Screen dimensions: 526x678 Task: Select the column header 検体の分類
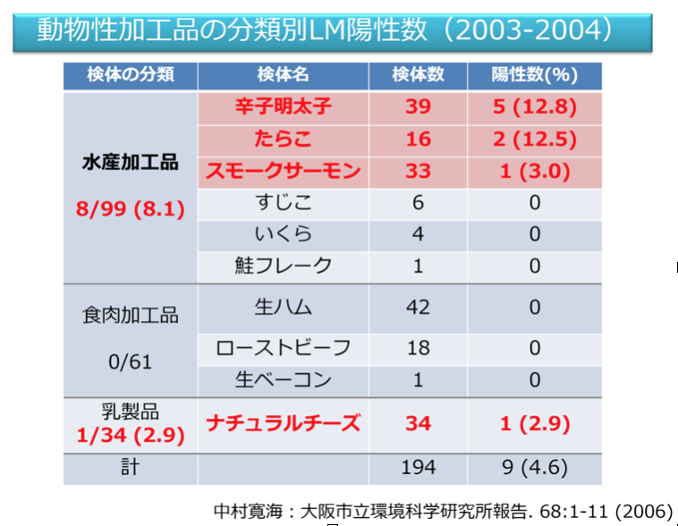click(131, 75)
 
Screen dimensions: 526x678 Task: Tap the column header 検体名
click(283, 75)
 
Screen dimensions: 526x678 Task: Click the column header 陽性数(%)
click(535, 75)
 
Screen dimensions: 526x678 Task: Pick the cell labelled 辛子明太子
click(283, 107)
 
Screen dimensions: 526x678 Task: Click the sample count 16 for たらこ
click(418, 139)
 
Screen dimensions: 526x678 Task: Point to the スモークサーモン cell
click(283, 171)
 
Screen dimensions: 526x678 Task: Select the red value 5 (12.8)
click(535, 107)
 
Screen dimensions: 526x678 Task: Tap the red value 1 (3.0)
click(535, 171)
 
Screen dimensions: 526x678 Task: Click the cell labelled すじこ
click(283, 203)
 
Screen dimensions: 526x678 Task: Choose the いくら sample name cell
click(283, 234)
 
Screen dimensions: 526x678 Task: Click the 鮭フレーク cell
click(283, 266)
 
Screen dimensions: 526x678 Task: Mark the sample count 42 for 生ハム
click(418, 307)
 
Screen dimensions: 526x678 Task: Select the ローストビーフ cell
click(283, 348)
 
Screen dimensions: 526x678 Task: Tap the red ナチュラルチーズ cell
click(283, 422)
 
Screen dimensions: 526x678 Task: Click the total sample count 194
click(418, 468)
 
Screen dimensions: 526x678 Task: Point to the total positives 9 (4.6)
click(535, 468)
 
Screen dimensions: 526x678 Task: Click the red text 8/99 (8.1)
click(131, 210)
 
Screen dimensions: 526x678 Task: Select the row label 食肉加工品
click(131, 316)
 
